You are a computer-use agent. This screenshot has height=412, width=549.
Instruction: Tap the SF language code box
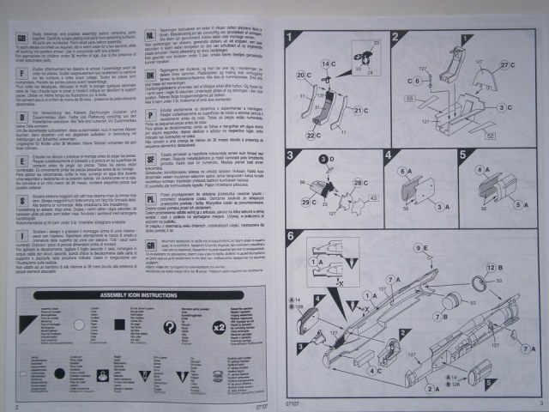click(150, 161)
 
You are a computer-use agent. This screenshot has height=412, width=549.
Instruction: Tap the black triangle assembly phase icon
click(182, 326)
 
